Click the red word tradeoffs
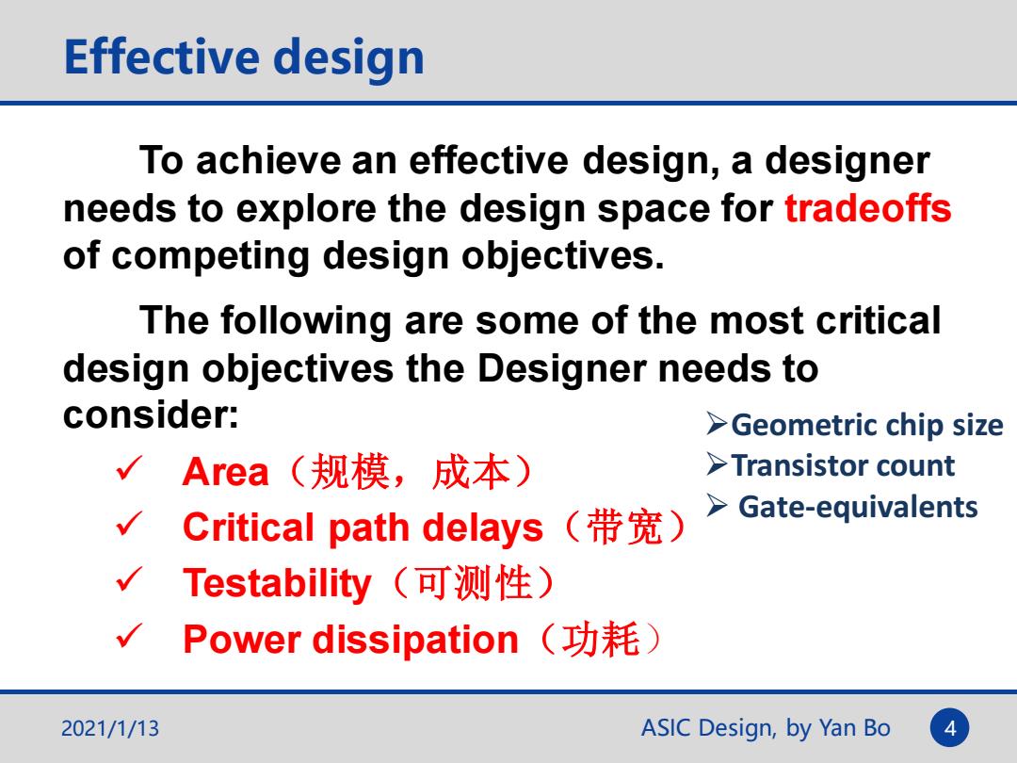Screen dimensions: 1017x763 coord(868,208)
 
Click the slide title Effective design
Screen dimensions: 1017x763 coord(244,58)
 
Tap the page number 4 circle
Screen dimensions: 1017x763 coord(949,728)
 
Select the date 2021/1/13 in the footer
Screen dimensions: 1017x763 coord(109,728)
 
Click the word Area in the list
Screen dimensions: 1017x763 coord(225,472)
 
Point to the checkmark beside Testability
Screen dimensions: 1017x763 coord(129,579)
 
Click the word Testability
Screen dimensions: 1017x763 coord(277,583)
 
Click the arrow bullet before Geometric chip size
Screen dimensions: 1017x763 coord(717,424)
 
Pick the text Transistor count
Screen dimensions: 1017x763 coord(843,466)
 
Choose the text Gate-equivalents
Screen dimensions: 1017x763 coord(858,508)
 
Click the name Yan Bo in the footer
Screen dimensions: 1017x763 coord(854,728)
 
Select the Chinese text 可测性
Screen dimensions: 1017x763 coord(474,583)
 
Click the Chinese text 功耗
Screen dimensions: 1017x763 coord(601,639)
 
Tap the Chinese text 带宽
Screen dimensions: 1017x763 coord(624,527)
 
